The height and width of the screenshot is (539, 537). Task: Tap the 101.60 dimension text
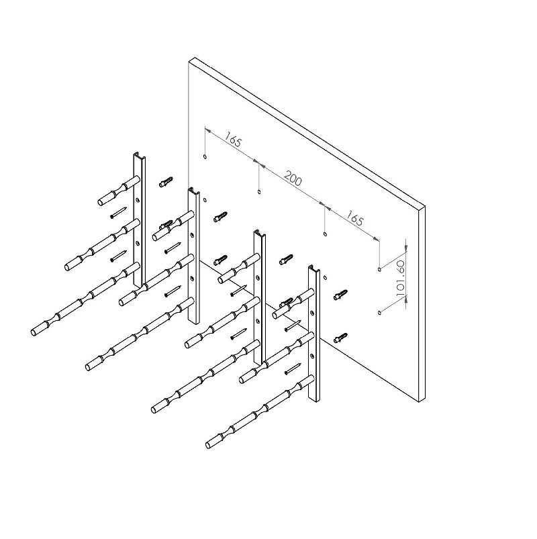401,275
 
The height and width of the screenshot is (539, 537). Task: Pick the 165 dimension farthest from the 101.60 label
234,142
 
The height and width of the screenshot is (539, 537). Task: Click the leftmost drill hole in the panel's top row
204,157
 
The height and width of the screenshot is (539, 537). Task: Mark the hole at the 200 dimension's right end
326,234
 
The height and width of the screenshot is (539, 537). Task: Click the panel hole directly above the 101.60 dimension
380,269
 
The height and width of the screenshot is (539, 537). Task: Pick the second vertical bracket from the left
193,255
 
